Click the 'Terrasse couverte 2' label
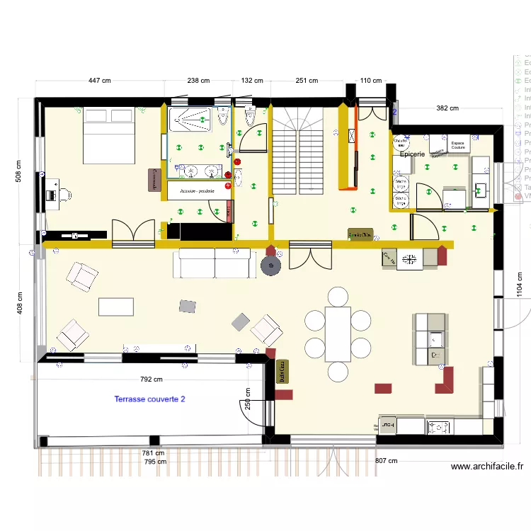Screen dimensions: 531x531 (149, 399)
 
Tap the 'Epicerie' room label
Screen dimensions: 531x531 (411, 154)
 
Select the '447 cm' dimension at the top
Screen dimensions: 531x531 (99, 81)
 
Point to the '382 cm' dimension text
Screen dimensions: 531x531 (446, 108)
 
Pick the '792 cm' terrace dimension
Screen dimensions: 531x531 (151, 379)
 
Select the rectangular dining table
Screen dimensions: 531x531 (338, 333)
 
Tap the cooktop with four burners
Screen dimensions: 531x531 (440, 426)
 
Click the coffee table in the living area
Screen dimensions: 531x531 (115, 306)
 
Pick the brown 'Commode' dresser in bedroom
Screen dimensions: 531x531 (153, 180)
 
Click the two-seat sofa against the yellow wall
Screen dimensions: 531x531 (217, 263)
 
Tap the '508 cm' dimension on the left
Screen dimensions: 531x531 (19, 171)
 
